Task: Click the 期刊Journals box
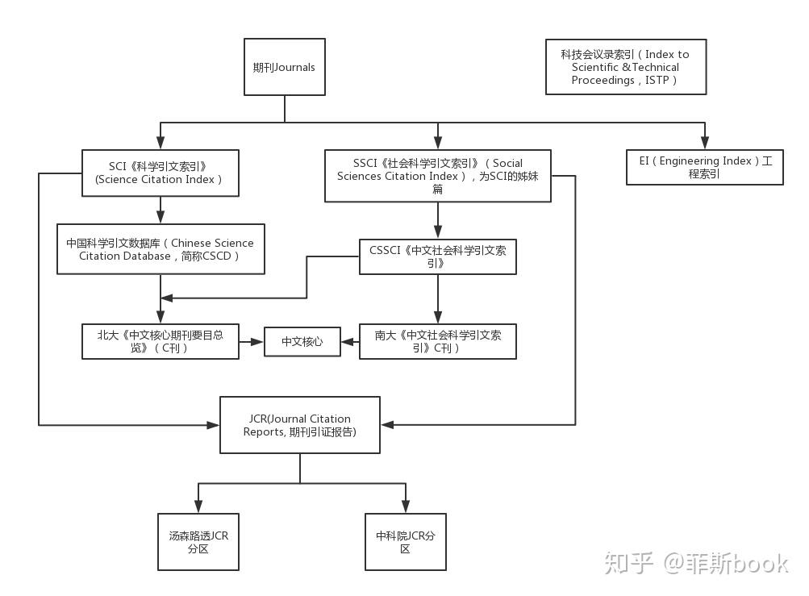tap(285, 67)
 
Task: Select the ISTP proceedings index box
tap(625, 67)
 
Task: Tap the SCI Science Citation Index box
tap(161, 173)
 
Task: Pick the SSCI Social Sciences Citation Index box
tap(437, 175)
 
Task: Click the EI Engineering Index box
tap(704, 167)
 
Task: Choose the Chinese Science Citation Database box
tap(160, 249)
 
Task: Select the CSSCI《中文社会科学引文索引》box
tap(437, 256)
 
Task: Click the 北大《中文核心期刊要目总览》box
tap(161, 341)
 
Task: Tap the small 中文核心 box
tap(302, 342)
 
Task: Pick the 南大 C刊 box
tap(437, 341)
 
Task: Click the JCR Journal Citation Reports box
tap(300, 425)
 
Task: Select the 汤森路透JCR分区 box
tap(198, 542)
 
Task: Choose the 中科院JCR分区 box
tap(405, 542)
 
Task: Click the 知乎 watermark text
tap(628, 562)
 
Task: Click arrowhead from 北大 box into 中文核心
tap(259, 342)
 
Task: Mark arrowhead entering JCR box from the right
tap(387, 424)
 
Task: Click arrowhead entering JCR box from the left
tap(215, 424)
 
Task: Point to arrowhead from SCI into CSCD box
tap(161, 217)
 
